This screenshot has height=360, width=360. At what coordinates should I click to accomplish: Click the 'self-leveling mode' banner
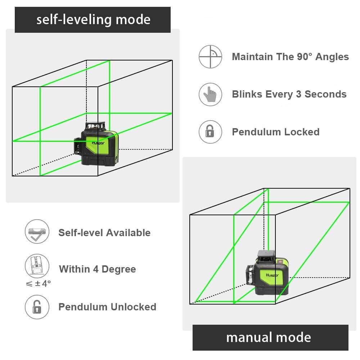click(93, 19)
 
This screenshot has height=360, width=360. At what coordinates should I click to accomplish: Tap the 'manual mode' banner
click(270, 337)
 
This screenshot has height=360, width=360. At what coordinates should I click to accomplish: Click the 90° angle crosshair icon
click(210, 57)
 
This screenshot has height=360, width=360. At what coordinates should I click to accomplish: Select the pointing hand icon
click(210, 94)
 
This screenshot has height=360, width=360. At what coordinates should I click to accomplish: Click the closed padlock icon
click(210, 132)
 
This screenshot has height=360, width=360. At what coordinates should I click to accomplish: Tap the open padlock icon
click(36, 307)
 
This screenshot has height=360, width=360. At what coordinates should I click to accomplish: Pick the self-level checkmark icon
click(36, 232)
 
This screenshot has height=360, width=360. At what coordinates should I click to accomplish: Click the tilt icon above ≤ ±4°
click(36, 266)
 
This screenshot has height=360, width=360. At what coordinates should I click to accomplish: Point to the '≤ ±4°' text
click(38, 284)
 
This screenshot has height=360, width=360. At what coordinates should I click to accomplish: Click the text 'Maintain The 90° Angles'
click(290, 57)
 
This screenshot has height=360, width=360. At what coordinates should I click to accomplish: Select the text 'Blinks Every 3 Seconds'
click(289, 94)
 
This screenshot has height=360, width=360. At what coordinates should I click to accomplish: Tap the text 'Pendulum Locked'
click(275, 132)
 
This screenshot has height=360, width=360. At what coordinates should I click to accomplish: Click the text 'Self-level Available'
click(104, 233)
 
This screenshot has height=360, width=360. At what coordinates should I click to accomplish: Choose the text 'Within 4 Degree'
click(97, 269)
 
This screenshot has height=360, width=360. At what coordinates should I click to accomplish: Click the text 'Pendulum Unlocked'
click(107, 307)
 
